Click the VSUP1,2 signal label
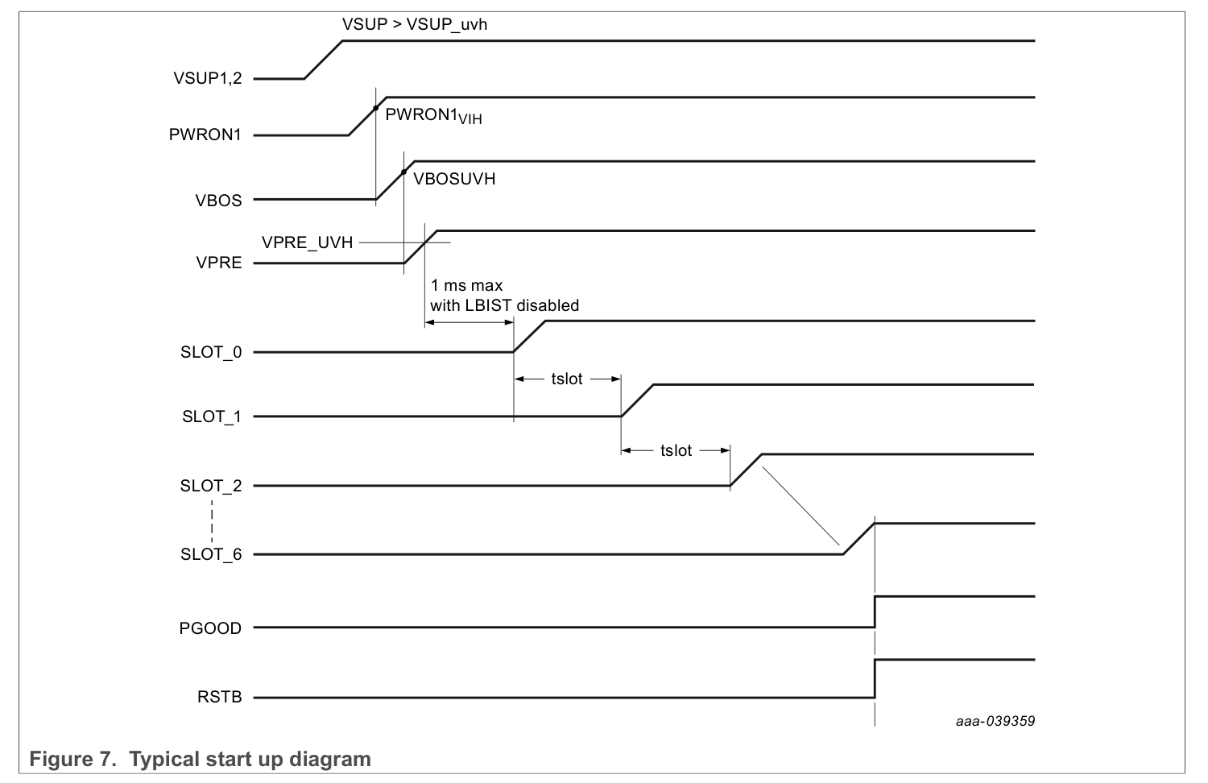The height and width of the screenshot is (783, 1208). click(207, 79)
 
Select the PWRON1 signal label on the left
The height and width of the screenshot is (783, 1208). click(205, 135)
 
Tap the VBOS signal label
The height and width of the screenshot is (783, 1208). click(218, 201)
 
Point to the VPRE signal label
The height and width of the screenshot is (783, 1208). click(219, 263)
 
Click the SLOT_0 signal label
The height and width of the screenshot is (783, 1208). click(211, 353)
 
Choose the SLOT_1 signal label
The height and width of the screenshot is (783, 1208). click(211, 417)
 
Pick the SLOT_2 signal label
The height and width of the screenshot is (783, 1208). click(211, 487)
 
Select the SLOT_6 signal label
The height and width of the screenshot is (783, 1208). click(211, 555)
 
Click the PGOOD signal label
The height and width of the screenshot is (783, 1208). click(210, 628)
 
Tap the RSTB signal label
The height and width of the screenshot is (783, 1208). click(219, 698)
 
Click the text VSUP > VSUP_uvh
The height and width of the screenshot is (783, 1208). click(415, 24)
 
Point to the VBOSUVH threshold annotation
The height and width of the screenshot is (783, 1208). click(454, 180)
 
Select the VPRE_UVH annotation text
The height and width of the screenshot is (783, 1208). click(307, 242)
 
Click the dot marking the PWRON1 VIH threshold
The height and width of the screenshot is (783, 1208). click(376, 107)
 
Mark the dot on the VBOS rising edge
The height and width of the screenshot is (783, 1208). click(403, 172)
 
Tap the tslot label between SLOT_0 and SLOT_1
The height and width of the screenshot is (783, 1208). click(567, 379)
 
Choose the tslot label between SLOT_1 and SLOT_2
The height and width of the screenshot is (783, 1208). click(676, 451)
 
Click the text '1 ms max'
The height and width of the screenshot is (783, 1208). click(466, 286)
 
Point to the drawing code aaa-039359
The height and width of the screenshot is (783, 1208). click(995, 722)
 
